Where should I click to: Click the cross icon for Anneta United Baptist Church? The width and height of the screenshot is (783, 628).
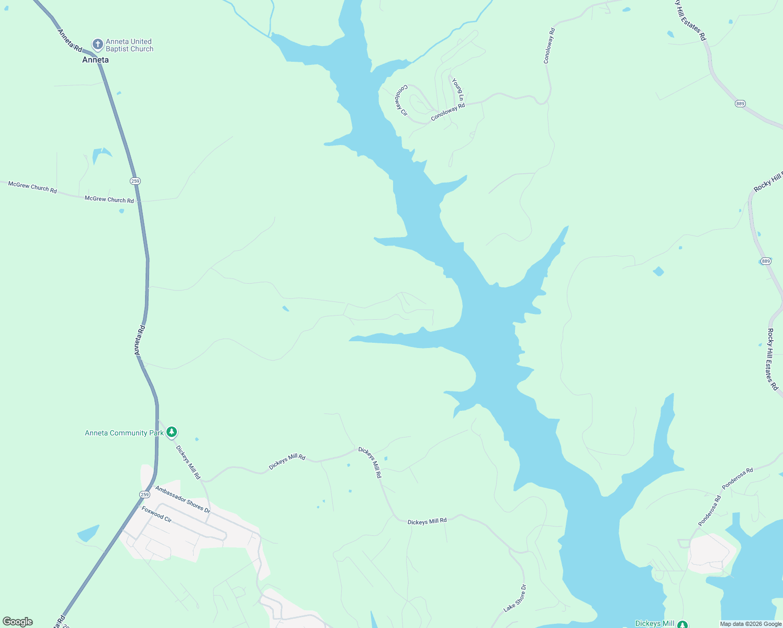[97, 44]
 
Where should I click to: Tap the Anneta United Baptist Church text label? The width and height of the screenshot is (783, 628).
[129, 45]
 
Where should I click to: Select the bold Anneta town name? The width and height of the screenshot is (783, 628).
[95, 60]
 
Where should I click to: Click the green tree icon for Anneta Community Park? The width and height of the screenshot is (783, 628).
[171, 432]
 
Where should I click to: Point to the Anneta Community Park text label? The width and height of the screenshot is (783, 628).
[124, 433]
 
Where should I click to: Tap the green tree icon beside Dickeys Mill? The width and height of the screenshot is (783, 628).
[683, 624]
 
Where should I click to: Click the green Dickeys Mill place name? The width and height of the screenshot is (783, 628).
[654, 624]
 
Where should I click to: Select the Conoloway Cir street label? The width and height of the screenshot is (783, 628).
[401, 100]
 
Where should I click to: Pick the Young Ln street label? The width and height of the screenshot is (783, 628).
[458, 90]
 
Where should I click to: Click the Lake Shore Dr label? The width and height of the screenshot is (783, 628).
[515, 598]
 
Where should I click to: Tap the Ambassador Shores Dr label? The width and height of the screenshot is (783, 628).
[183, 499]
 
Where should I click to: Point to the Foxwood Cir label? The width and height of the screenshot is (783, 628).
[156, 514]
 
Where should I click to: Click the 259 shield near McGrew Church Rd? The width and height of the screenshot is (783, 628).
[136, 181]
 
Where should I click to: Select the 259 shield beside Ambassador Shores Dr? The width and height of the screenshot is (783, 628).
[144, 494]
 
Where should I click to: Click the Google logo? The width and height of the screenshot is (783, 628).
[18, 622]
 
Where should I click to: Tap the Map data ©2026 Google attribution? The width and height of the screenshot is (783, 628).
[751, 624]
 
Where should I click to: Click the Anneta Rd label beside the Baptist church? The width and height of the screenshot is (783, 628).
[70, 40]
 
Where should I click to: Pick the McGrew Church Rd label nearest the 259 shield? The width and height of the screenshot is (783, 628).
[109, 199]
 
